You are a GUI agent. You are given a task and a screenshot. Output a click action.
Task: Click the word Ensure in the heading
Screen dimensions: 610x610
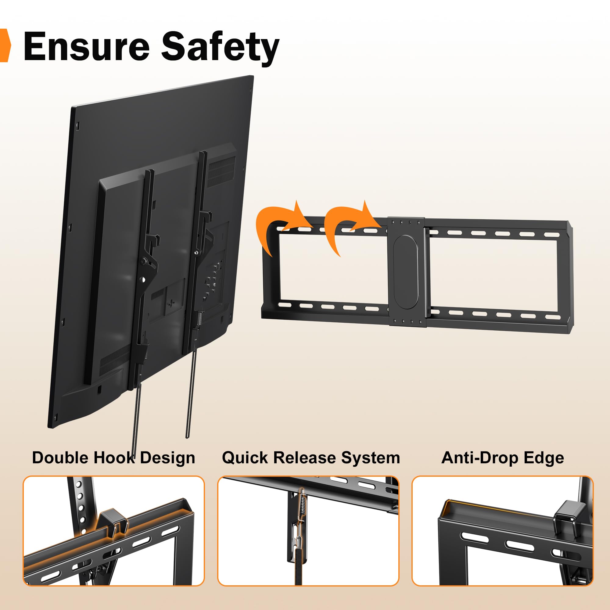click(x=86, y=46)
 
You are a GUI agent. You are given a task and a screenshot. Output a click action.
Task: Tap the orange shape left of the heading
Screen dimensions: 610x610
click(x=5, y=45)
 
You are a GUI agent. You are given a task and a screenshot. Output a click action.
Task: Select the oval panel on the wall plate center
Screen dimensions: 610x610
click(x=406, y=271)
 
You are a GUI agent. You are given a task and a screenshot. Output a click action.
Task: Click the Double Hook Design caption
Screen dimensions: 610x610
click(x=113, y=458)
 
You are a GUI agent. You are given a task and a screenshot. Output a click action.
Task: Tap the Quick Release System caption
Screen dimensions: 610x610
click(x=311, y=458)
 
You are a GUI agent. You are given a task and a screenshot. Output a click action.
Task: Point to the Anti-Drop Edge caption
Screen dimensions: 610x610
click(x=503, y=458)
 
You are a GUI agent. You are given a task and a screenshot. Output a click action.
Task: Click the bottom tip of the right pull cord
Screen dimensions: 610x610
click(x=188, y=437)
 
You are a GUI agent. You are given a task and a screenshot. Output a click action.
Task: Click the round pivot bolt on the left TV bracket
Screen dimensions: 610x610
click(x=144, y=261)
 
